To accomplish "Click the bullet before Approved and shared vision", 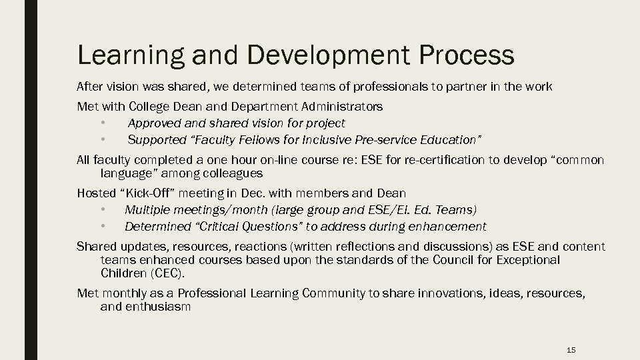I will tap(103, 123).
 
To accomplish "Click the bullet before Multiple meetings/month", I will tap(103, 210).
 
